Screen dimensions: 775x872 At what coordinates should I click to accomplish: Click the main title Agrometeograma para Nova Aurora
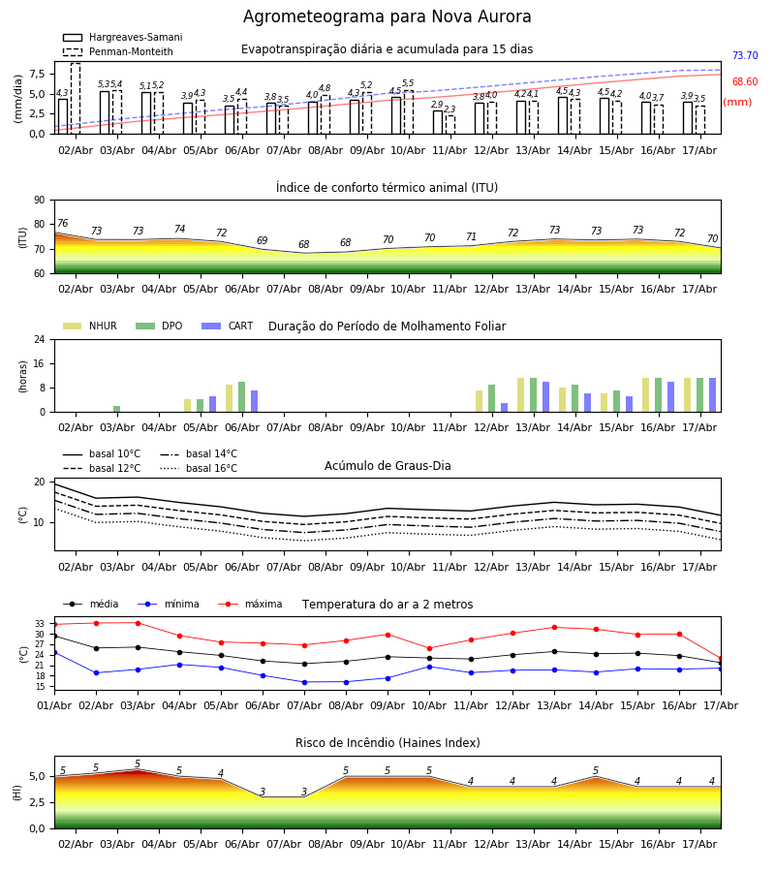pos(387,16)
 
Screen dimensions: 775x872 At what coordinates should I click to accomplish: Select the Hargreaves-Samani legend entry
pos(122,37)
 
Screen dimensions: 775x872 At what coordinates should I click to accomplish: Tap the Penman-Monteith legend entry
pos(118,51)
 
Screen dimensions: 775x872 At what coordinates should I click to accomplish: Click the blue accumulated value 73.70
pos(745,55)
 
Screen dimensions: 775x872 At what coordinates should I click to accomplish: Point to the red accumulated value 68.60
pos(745,81)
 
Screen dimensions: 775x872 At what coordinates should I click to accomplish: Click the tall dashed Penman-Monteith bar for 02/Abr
pos(76,99)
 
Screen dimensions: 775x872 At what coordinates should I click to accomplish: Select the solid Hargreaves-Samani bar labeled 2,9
pos(438,122)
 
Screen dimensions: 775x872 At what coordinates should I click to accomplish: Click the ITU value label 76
pos(62,223)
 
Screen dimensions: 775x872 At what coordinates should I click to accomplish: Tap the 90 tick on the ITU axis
pos(40,201)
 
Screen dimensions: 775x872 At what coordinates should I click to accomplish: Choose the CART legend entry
pos(228,326)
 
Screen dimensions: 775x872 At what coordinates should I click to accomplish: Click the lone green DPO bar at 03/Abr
pos(117,409)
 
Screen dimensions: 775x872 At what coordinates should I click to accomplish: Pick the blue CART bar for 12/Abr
pos(505,408)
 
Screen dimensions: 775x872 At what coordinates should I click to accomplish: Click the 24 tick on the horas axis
pos(40,340)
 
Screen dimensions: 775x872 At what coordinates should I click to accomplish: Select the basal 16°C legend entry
pos(199,468)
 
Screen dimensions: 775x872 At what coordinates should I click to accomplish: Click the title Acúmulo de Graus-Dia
pos(387,466)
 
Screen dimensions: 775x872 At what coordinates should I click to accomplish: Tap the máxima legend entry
pos(250,604)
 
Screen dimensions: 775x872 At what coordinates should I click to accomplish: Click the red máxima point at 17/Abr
pos(721,659)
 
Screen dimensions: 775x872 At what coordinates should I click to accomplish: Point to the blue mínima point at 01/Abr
pos(54,652)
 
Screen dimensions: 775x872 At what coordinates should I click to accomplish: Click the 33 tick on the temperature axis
pos(40,624)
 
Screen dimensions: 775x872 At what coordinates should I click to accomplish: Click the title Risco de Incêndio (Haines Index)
pos(387,743)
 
